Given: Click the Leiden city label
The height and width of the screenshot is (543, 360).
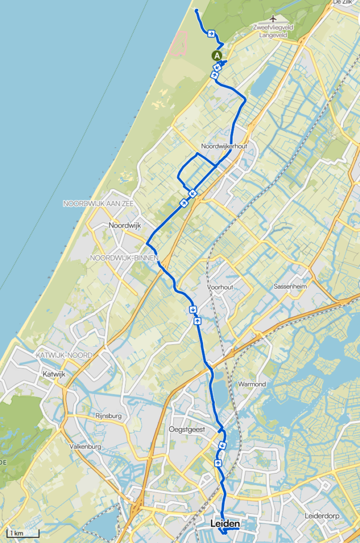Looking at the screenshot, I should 225,524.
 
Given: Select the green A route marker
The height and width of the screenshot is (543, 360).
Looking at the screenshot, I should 217,55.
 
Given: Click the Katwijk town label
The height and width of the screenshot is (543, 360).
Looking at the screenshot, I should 54,374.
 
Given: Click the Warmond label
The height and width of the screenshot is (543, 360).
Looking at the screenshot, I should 252,383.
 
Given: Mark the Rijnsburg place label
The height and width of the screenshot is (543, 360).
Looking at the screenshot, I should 109,415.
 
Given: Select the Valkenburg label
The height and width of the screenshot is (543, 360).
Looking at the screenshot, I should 85,446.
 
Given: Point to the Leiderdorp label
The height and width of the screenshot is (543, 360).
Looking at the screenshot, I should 323,515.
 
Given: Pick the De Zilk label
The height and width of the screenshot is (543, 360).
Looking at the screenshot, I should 343,3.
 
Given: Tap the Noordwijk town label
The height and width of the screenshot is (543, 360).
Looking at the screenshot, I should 125,225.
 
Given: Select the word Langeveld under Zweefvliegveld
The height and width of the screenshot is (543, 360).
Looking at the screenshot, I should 273,36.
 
